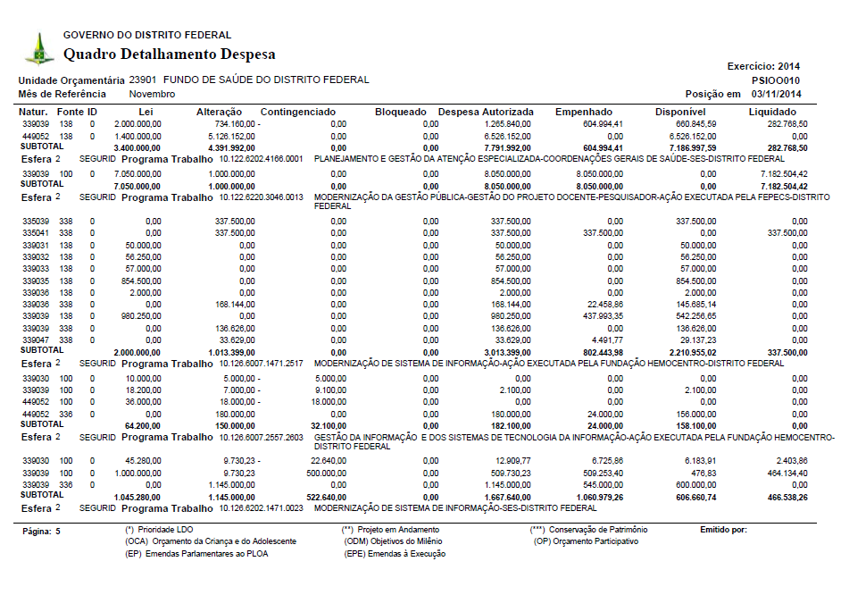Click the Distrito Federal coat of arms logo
click(x=38, y=48)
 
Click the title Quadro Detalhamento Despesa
click(x=169, y=54)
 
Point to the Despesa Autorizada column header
click(x=486, y=112)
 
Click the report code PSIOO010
click(x=777, y=80)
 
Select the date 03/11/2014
click(x=777, y=94)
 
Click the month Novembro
click(x=152, y=94)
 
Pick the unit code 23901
click(x=144, y=80)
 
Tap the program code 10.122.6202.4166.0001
click(x=262, y=158)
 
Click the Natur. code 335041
click(x=36, y=232)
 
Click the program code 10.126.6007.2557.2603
click(x=262, y=438)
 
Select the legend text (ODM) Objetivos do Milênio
click(x=393, y=541)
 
